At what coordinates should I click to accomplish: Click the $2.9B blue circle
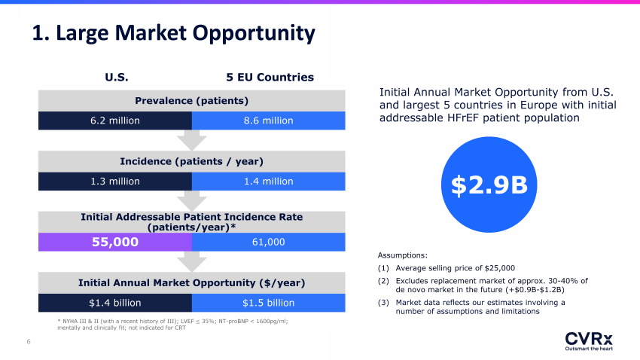point(489,185)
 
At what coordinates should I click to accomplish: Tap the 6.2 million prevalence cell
point(115,121)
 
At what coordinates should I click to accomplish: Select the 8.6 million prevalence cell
point(269,121)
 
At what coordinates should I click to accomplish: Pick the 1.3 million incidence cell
point(115,182)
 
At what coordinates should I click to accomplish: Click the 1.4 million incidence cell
point(269,182)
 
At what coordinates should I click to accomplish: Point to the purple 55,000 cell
point(115,242)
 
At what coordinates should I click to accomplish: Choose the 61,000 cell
point(269,242)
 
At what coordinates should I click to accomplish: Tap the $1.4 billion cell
point(115,303)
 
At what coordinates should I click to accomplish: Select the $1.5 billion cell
point(269,303)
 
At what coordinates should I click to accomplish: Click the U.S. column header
point(117,77)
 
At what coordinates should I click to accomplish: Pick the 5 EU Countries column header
point(270,77)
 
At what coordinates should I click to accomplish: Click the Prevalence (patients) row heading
point(192,101)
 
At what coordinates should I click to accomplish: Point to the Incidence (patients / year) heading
point(192,161)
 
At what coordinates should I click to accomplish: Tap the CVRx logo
point(589,341)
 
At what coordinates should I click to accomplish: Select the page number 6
point(29,342)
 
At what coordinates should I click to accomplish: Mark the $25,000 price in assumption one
point(500,268)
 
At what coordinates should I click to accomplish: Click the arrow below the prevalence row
point(192,140)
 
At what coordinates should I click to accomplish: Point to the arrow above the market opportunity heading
point(192,261)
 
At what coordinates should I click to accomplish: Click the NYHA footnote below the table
point(172,325)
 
